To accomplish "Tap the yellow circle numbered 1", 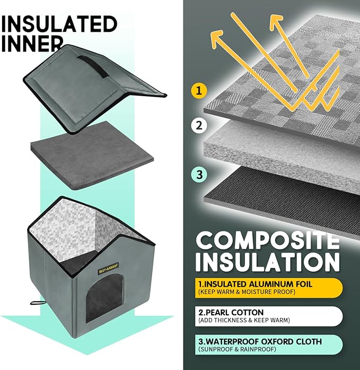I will point(197,90).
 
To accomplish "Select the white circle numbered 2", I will point(197,126).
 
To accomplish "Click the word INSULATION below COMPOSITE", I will point(267,262).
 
